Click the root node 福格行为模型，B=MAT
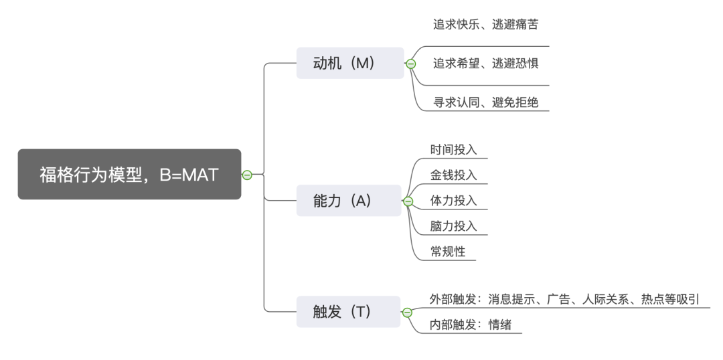[129, 175]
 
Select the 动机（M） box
[349, 64]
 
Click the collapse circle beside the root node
[247, 175]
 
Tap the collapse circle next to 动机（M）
[411, 64]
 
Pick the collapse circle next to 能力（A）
[408, 201]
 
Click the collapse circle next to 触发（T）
[407, 312]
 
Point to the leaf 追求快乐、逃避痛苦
[485, 25]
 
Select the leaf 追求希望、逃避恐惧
[485, 64]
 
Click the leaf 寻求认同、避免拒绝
[485, 102]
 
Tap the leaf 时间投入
[453, 149]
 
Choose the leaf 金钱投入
[453, 175]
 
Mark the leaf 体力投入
[453, 201]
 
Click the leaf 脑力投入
[453, 226]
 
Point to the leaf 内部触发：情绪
[470, 325]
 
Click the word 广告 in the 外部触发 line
[558, 299]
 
